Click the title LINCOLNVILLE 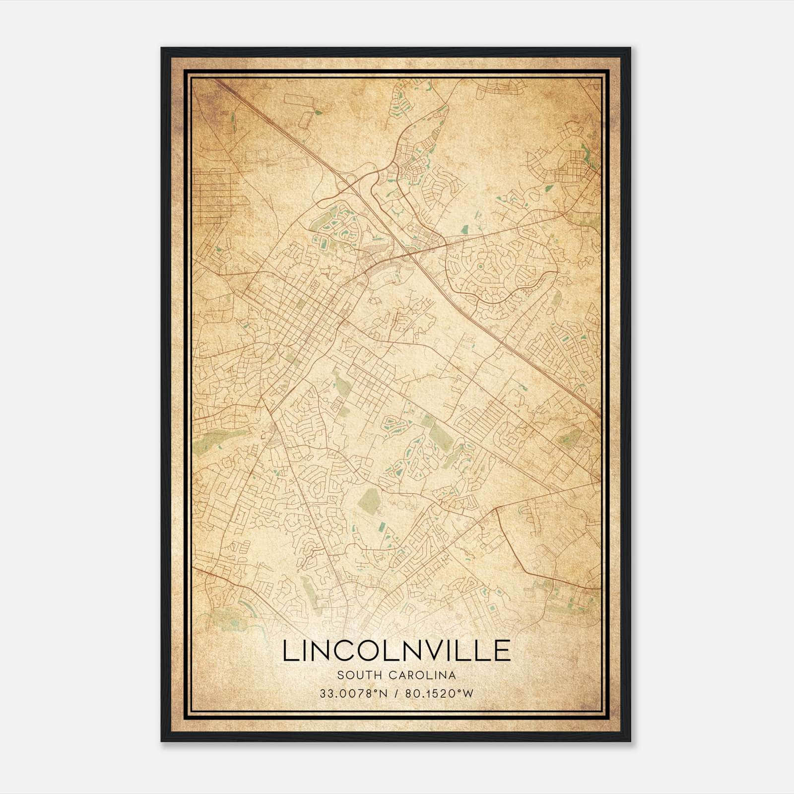click(397, 651)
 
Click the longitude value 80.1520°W click(439, 693)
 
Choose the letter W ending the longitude click(468, 693)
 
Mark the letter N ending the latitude click(383, 693)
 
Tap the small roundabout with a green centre click(480, 266)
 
